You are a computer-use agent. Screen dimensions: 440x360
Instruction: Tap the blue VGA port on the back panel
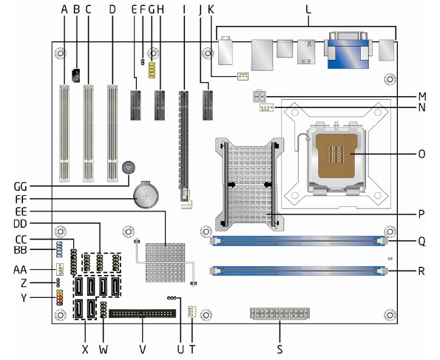348,50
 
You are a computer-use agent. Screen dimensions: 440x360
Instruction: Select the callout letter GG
21,186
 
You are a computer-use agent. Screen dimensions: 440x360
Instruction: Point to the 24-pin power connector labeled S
280,313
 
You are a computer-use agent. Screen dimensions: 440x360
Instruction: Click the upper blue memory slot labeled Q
299,241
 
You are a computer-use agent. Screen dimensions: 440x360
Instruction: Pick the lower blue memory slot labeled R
299,271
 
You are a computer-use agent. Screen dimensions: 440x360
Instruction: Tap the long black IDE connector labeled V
142,313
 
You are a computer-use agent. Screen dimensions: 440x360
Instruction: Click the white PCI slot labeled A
64,133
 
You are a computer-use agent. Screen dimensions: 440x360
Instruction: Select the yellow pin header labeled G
152,70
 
